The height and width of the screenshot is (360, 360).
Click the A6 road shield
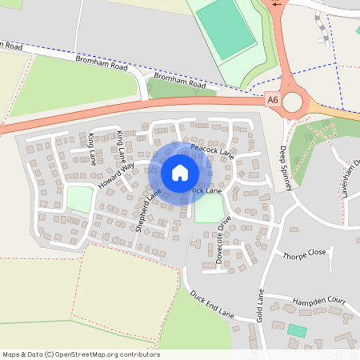274,100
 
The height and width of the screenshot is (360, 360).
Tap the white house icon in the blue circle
180,172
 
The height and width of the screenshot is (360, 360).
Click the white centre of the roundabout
292,102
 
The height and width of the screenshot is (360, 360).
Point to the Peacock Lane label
211,150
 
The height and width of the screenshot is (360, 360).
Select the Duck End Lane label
211,305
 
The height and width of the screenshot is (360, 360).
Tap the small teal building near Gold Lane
297,330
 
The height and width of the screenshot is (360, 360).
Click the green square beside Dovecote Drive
208,210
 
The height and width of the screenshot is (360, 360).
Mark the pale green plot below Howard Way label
78,199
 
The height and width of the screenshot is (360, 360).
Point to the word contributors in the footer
140,354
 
